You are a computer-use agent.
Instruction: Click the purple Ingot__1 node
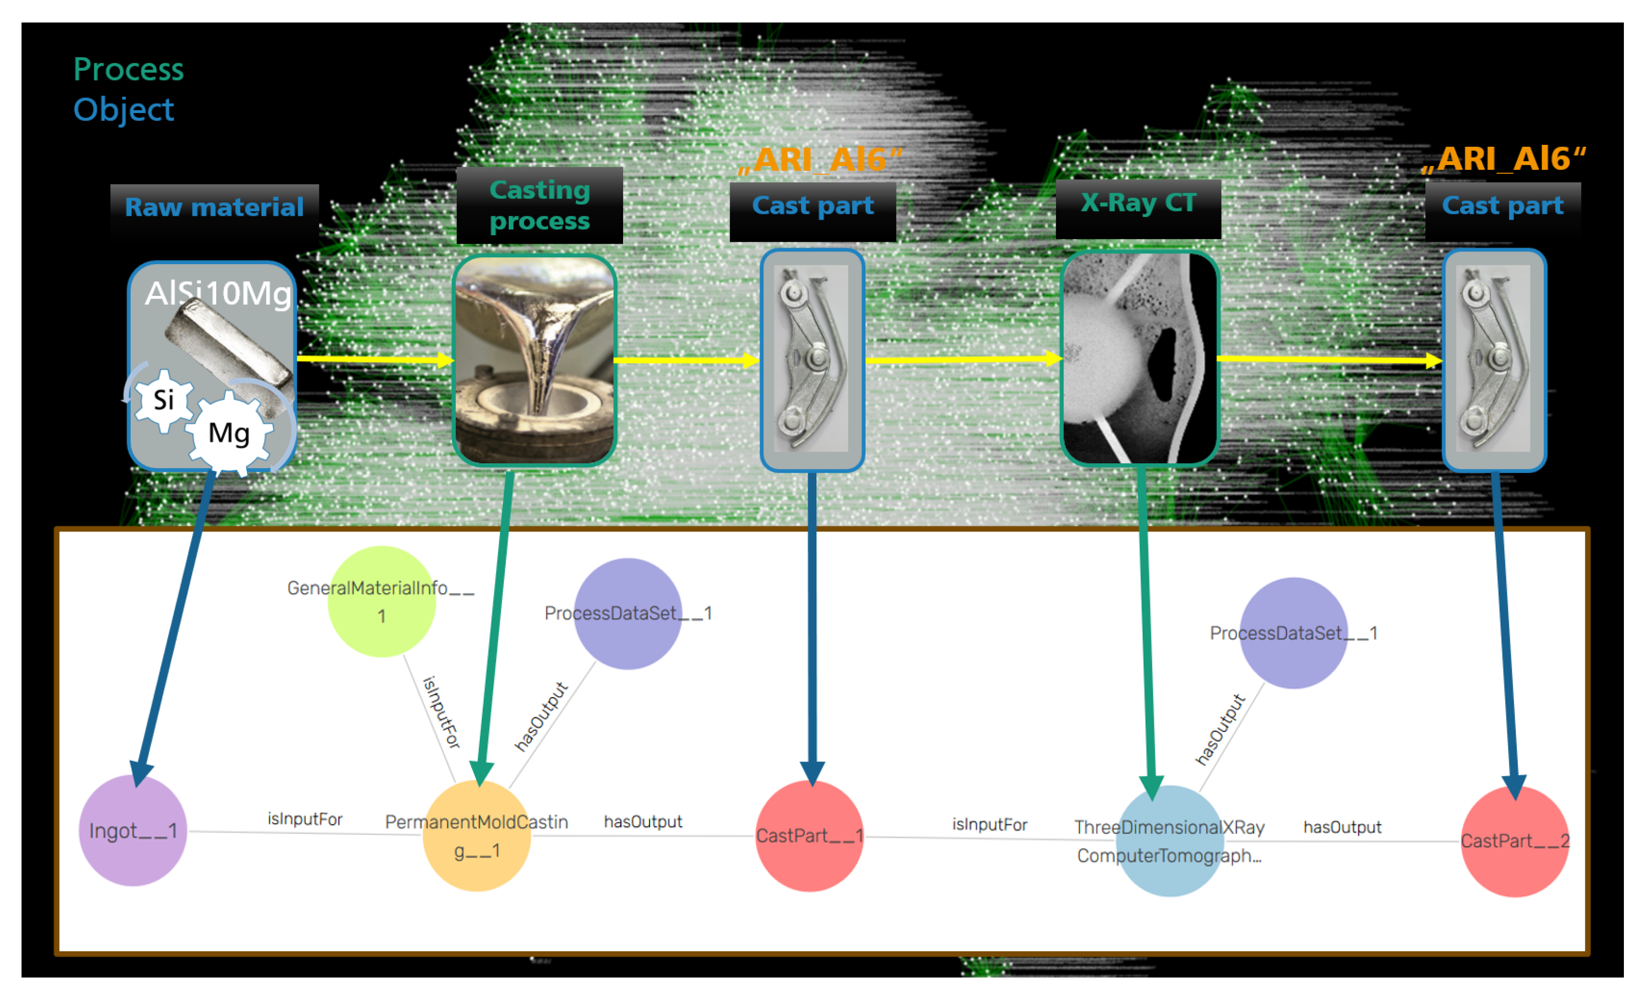point(133,831)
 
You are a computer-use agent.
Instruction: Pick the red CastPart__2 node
point(1514,841)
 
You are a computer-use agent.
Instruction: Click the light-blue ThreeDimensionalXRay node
point(1169,841)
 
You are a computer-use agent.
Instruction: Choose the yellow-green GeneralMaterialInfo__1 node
point(381,601)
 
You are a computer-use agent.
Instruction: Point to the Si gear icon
point(164,400)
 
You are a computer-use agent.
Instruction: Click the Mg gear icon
point(229,433)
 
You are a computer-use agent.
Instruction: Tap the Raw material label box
point(214,207)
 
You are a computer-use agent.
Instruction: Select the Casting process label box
point(540,205)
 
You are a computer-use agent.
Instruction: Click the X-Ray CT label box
point(1138,203)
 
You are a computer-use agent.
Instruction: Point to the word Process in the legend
point(129,69)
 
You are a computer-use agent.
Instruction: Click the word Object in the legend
point(124,109)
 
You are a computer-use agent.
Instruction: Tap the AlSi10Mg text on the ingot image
point(219,293)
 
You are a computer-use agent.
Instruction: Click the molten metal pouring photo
point(534,360)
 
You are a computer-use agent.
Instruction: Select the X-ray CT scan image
point(1140,358)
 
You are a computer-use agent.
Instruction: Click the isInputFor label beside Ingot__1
point(305,819)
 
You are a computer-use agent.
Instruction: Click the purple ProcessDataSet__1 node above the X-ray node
point(1293,633)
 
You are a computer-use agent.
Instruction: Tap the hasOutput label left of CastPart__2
point(1342,827)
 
